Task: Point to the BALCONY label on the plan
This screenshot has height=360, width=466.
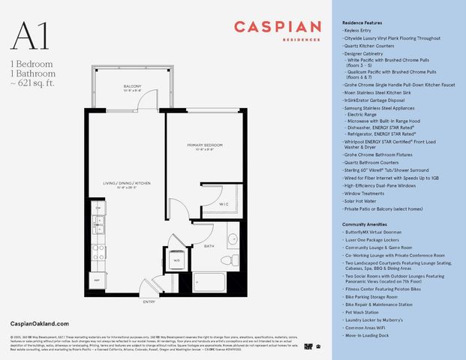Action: [x=132, y=87]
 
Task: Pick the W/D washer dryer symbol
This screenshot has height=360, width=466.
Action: [x=177, y=260]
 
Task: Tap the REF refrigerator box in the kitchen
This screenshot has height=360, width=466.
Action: [x=97, y=280]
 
